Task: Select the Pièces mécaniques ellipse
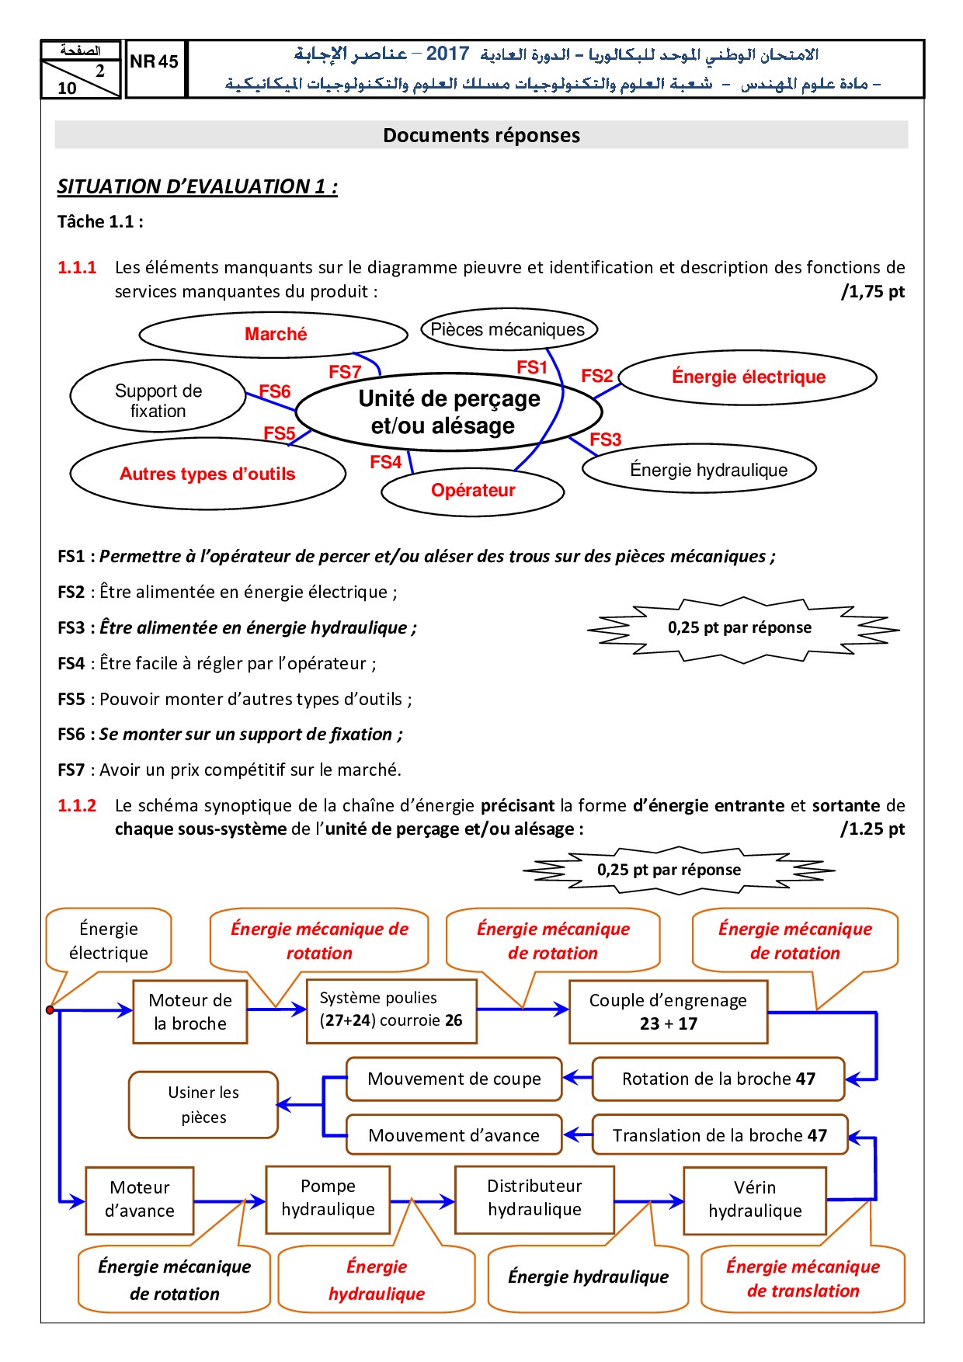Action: pyautogui.click(x=508, y=329)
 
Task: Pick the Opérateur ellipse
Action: pyautogui.click(x=473, y=491)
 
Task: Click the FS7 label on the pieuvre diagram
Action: pyautogui.click(x=345, y=372)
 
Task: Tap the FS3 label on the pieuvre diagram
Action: pyautogui.click(x=606, y=440)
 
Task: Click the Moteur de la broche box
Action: pyautogui.click(x=190, y=1012)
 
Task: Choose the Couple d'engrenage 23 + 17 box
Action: pyautogui.click(x=668, y=1012)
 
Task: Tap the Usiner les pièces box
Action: pyautogui.click(x=203, y=1105)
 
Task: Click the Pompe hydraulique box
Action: pyautogui.click(x=328, y=1198)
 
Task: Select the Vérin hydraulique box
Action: pyautogui.click(x=754, y=1200)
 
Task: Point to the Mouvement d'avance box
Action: pyautogui.click(x=454, y=1135)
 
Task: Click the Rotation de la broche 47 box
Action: pyautogui.click(x=718, y=1079)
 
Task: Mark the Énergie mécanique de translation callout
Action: pyautogui.click(x=803, y=1279)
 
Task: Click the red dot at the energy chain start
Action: pyautogui.click(x=50, y=1010)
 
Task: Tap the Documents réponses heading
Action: pyautogui.click(x=481, y=135)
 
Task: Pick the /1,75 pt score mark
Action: pyautogui.click(x=873, y=292)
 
